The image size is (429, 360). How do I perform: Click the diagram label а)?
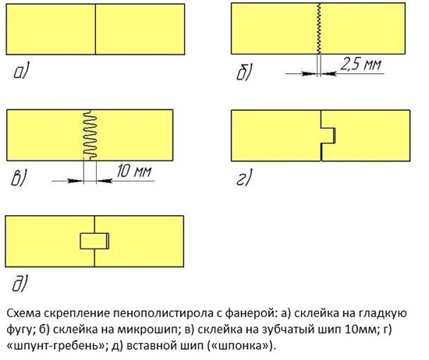[21, 72]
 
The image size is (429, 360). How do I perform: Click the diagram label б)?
[244, 72]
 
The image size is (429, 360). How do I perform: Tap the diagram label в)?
[19, 178]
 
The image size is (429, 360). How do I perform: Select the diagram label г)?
[244, 178]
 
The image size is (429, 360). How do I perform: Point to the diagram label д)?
[20, 283]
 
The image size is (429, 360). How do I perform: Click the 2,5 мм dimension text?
[360, 65]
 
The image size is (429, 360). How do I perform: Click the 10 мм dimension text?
[134, 171]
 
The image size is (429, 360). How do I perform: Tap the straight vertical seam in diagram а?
[95, 30]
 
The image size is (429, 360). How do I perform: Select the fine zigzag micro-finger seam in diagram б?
[319, 28]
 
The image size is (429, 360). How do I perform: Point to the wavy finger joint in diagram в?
[90, 135]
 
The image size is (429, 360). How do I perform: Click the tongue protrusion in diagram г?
[328, 135]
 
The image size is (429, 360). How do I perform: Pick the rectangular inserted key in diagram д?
[94, 241]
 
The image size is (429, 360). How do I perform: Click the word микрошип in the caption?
[147, 330]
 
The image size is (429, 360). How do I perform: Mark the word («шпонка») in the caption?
[242, 346]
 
